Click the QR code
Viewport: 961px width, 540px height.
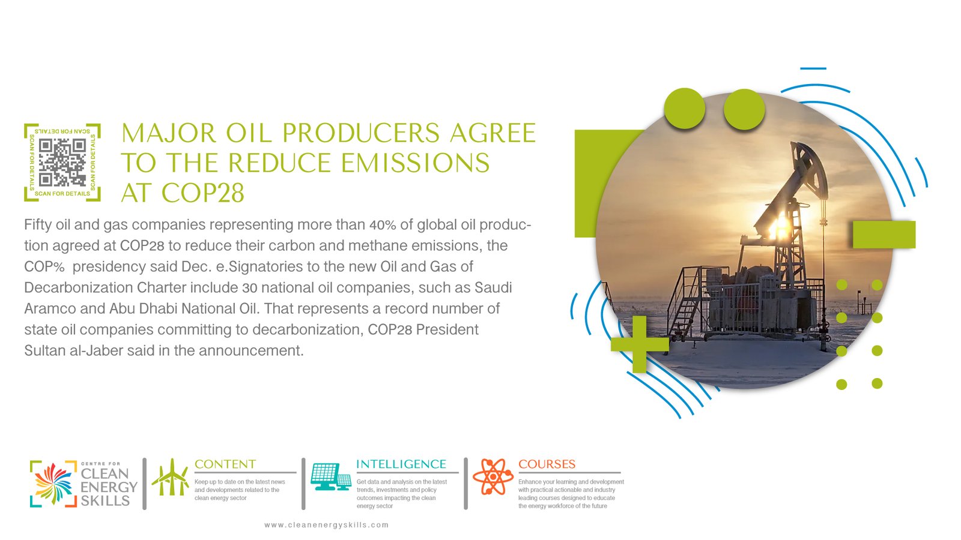pyautogui.click(x=62, y=163)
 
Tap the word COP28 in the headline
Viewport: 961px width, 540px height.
pyautogui.click(x=203, y=193)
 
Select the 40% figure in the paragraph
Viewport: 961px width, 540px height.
pyautogui.click(x=383, y=225)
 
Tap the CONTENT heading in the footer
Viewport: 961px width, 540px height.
pyautogui.click(x=225, y=464)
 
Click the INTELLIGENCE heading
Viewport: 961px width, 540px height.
pyautogui.click(x=401, y=464)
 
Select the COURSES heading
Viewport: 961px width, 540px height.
pyautogui.click(x=547, y=464)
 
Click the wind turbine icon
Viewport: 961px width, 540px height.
pyautogui.click(x=171, y=477)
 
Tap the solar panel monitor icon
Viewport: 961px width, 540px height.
pyautogui.click(x=331, y=476)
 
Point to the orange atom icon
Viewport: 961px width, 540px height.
pyautogui.click(x=493, y=476)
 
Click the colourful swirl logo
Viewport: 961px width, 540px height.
pyautogui.click(x=53, y=484)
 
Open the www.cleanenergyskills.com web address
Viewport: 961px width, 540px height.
pyautogui.click(x=327, y=525)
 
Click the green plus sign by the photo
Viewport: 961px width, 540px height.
pyautogui.click(x=640, y=344)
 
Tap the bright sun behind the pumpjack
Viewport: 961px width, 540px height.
pyautogui.click(x=778, y=226)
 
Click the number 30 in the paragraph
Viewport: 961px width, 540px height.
pyautogui.click(x=250, y=287)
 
